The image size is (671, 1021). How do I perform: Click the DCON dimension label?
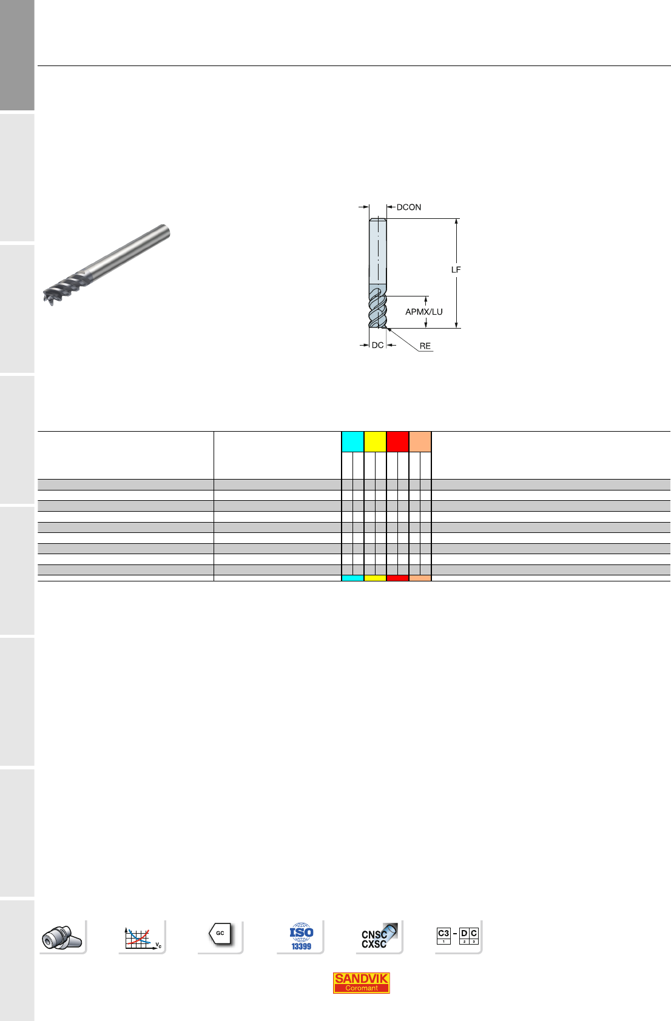(x=409, y=207)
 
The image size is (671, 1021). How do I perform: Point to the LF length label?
(x=456, y=270)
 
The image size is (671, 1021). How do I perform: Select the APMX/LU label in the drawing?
(x=423, y=312)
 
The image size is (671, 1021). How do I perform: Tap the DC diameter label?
(x=378, y=345)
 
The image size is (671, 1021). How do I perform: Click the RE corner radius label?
(x=425, y=346)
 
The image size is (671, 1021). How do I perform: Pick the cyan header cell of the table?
(x=352, y=441)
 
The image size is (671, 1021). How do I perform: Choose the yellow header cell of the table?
(x=375, y=441)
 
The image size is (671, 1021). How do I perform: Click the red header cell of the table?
(x=397, y=441)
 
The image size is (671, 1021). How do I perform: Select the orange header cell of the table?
(x=420, y=441)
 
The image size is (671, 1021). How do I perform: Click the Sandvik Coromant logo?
(x=361, y=983)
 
